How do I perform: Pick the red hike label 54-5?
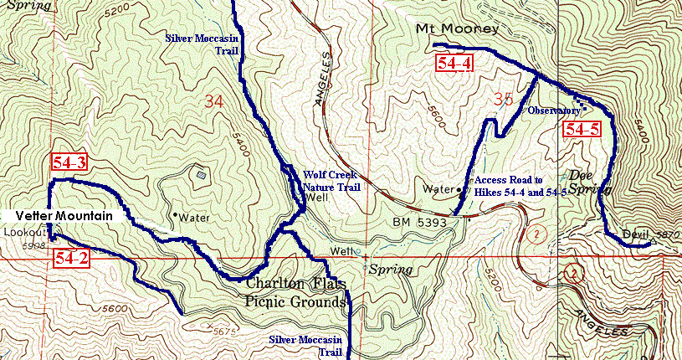581,129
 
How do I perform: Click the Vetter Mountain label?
64,216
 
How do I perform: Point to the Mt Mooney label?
457,29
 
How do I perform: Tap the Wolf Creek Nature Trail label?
331,181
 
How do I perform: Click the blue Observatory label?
553,111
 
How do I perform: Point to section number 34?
214,102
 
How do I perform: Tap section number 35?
502,100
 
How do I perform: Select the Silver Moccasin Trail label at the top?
202,44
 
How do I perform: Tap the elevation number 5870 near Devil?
664,235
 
